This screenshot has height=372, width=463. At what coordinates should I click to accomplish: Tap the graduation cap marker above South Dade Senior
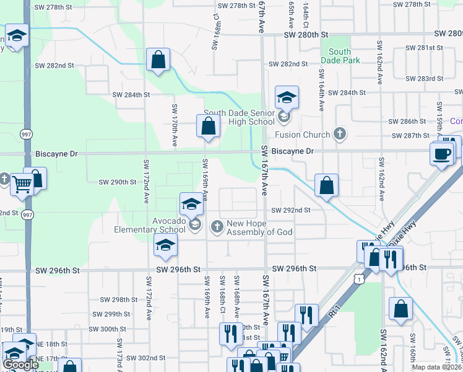tap(287, 97)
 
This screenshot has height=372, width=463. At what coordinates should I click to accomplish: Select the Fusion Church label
tap(308, 135)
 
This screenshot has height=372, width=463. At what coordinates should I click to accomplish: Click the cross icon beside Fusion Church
tap(339, 133)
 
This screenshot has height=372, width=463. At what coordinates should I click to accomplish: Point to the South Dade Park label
tap(339, 56)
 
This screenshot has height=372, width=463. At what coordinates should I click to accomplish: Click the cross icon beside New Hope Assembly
tap(217, 227)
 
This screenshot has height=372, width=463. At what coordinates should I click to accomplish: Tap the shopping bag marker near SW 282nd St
tap(158, 60)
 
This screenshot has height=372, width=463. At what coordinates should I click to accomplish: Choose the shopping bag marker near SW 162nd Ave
tap(401, 309)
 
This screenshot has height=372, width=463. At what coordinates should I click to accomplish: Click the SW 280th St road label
tap(305, 35)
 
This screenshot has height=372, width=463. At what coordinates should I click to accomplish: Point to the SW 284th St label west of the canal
tap(131, 95)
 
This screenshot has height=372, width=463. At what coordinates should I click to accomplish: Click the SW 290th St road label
tap(118, 182)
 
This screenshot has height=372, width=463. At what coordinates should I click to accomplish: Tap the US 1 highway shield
tap(358, 280)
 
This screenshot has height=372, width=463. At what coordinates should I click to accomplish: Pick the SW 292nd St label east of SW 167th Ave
tap(290, 210)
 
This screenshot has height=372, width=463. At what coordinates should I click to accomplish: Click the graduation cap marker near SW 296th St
tap(165, 245)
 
